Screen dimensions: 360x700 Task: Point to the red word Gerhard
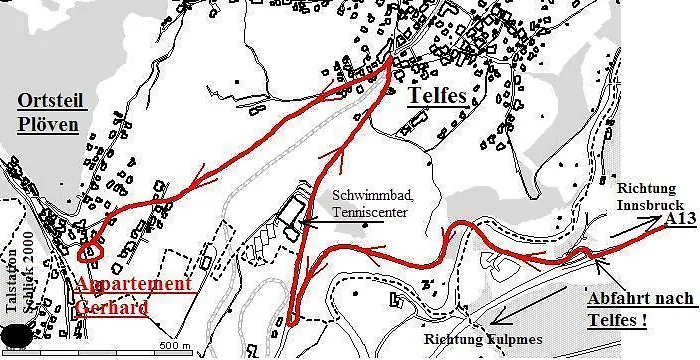tap(112, 307)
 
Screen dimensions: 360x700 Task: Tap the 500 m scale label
tap(173, 346)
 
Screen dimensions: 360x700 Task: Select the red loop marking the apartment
tap(91, 248)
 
